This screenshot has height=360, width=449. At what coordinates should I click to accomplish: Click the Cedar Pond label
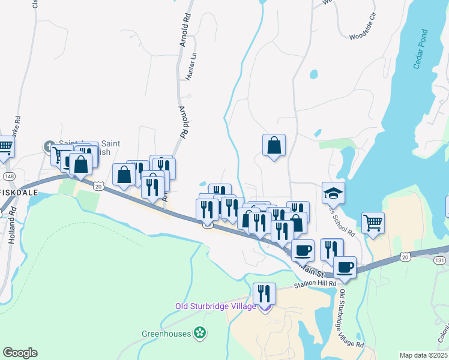click(421, 49)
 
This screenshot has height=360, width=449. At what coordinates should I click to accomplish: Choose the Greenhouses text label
click(166, 333)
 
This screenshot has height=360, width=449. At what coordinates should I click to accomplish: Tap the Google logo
click(20, 353)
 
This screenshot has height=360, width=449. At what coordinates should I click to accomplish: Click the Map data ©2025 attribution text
click(423, 355)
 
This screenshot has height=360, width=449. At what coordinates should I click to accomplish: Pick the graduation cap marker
click(334, 193)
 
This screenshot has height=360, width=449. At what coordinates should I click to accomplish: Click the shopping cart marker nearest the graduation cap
click(373, 223)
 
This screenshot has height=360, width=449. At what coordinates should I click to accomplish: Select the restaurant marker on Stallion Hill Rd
click(264, 293)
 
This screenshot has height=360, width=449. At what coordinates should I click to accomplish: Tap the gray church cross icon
click(49, 146)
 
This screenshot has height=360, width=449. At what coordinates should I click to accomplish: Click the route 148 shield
click(9, 176)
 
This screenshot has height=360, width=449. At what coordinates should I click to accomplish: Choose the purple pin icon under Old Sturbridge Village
click(264, 308)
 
